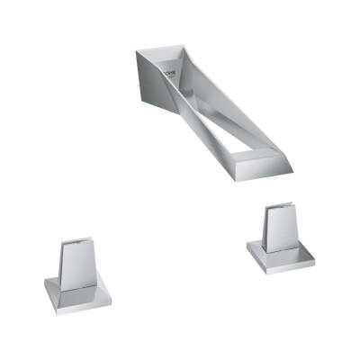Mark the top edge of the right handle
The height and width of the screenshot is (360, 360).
pyautogui.click(x=277, y=207)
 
